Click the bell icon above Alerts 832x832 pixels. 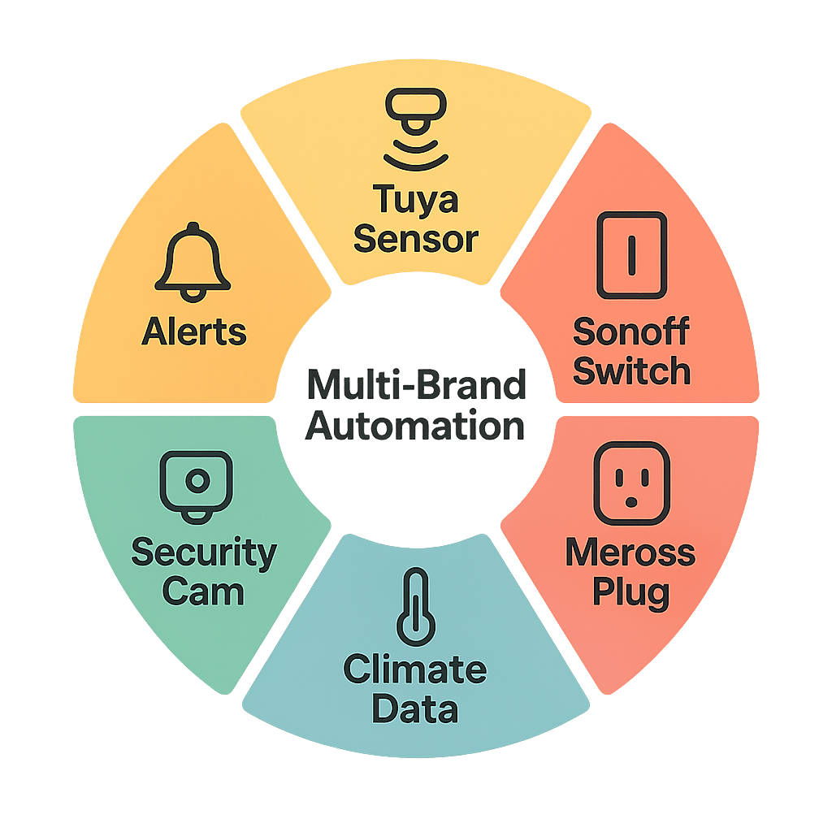coord(193,259)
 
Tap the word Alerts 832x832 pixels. coord(194,331)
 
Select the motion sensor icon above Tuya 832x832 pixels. coord(416,130)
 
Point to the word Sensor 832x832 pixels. coord(416,239)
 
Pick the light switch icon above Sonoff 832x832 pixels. coord(631,254)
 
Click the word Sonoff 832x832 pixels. coord(631,332)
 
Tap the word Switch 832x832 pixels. coord(631,371)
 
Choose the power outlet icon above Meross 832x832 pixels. coord(631,484)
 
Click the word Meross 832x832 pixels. coord(630,553)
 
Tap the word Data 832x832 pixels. coord(415,708)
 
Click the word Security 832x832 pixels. coord(204,553)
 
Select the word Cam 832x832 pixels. coord(203,591)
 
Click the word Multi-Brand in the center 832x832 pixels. coord(416,385)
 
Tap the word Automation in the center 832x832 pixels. coord(416,426)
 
